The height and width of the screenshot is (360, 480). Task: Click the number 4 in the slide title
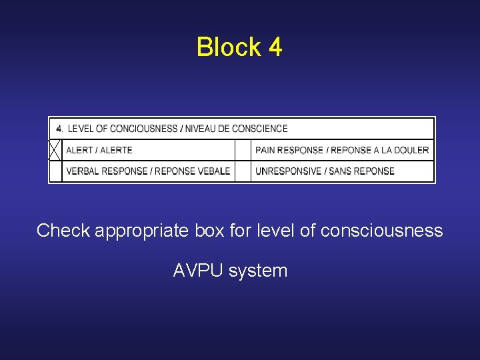[275, 47]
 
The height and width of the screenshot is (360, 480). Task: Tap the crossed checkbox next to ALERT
[55, 150]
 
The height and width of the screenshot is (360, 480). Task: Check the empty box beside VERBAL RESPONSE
[55, 171]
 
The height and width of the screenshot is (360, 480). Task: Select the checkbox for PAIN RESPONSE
[243, 150]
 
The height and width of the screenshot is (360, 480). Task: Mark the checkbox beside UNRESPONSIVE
[243, 171]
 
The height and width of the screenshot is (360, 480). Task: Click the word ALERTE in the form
[116, 150]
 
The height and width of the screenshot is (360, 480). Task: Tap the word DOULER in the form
[415, 150]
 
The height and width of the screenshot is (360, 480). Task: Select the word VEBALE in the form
[215, 171]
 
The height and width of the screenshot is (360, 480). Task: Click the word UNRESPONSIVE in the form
[289, 171]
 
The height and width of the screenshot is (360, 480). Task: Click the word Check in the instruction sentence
[63, 231]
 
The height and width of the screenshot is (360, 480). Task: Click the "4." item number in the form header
[60, 129]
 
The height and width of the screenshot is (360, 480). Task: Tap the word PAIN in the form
[265, 150]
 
